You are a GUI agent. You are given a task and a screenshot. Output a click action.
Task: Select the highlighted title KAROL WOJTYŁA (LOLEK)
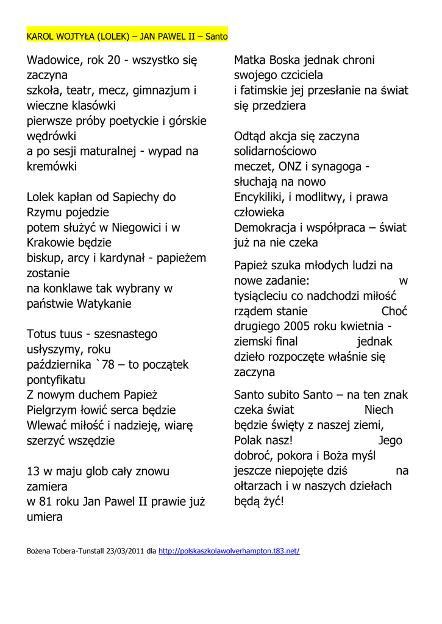(x=77, y=37)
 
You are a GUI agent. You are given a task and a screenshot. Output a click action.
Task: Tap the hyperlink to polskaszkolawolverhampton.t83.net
(x=229, y=551)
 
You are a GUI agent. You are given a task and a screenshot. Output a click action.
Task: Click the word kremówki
(x=52, y=166)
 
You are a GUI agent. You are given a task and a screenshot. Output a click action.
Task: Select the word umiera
(x=45, y=517)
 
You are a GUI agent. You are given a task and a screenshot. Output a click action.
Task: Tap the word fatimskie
(x=263, y=90)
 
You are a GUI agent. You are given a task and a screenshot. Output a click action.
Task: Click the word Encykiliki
(x=264, y=197)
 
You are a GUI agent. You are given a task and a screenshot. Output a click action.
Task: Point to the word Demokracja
(x=265, y=227)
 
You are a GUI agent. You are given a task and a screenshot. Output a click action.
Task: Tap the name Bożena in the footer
(x=40, y=551)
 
